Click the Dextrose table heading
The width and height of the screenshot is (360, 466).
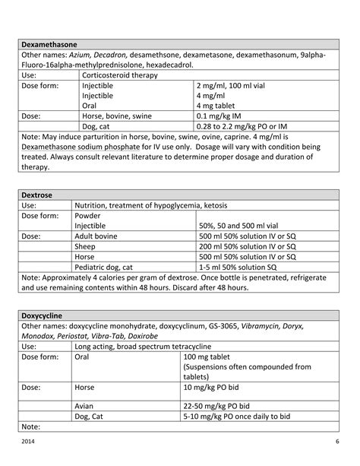coord(39,194)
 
